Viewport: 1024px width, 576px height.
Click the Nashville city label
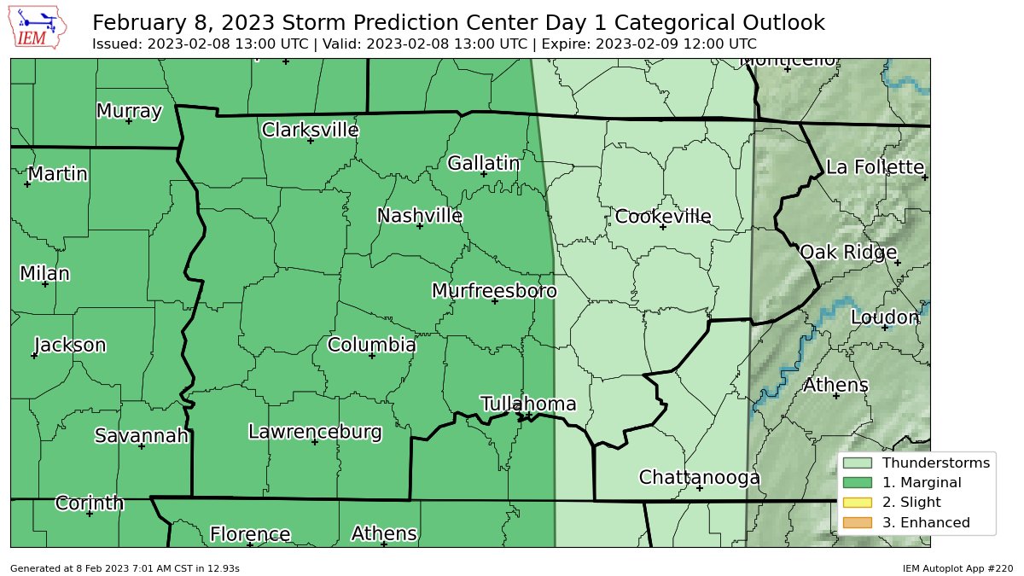420,216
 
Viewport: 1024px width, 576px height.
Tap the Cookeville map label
663,217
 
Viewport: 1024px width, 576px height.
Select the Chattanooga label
699,478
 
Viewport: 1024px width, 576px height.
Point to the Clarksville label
310,130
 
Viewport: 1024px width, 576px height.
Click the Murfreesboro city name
494,291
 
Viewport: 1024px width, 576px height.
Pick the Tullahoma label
528,404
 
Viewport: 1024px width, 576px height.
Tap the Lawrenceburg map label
315,432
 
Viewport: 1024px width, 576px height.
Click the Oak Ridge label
847,253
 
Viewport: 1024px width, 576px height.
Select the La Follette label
875,167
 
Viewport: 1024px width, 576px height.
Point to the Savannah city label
141,436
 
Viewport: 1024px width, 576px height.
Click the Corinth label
89,503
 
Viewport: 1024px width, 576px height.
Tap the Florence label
250,535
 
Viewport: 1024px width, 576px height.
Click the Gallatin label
483,163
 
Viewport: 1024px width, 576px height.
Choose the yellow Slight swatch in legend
858,503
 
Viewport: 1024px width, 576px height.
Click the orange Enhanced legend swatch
858,522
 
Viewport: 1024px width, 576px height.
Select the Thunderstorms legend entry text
935,463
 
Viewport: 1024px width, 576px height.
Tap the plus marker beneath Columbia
372,355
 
